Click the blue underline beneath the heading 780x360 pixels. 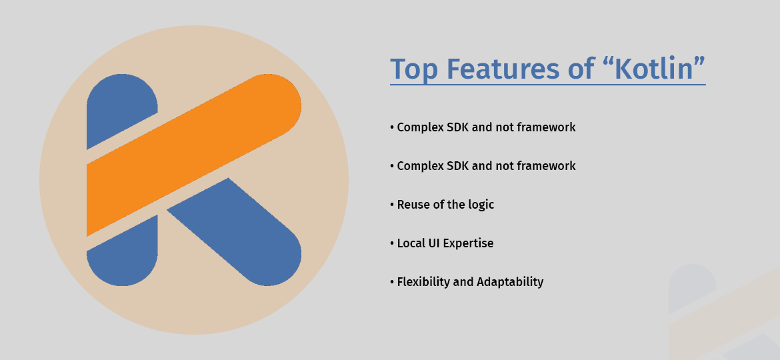coord(547,85)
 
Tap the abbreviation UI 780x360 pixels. coord(436,243)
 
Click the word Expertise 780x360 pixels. coord(470,244)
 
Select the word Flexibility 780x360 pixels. coord(423,282)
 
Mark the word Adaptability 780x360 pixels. coord(510,282)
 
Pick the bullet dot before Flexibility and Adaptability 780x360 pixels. coord(392,282)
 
